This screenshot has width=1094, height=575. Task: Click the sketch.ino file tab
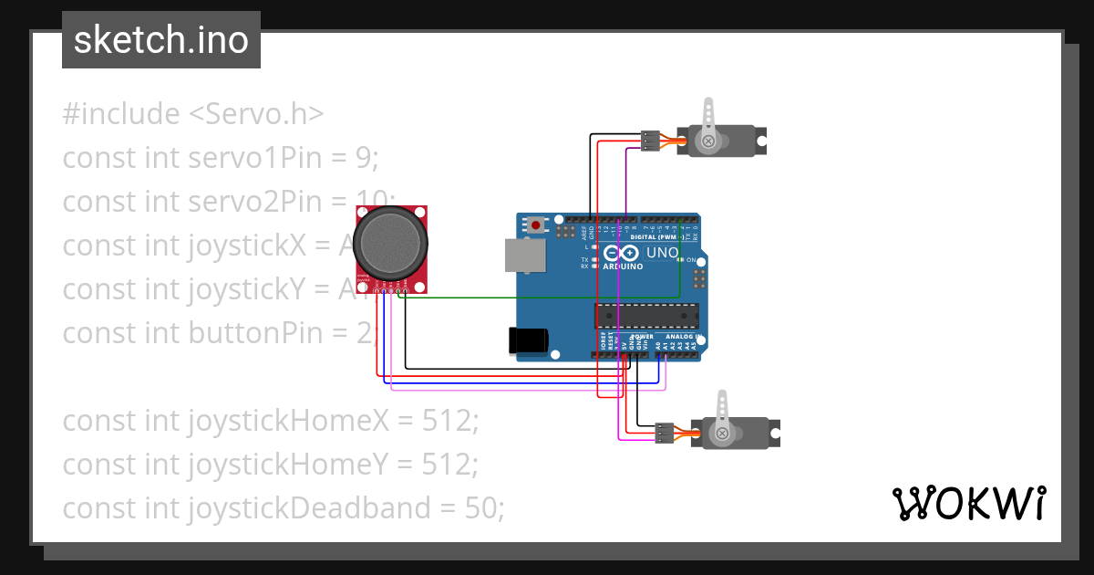click(x=160, y=40)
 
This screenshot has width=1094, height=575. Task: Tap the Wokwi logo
click(x=968, y=504)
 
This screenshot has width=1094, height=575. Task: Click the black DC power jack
click(x=529, y=340)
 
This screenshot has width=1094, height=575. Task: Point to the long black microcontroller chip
click(x=646, y=316)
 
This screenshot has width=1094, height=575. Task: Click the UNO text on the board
click(x=662, y=253)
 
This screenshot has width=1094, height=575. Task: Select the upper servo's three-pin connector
click(x=650, y=141)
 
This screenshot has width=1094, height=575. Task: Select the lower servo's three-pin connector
click(x=665, y=433)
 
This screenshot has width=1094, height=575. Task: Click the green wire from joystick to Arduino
click(x=547, y=297)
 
